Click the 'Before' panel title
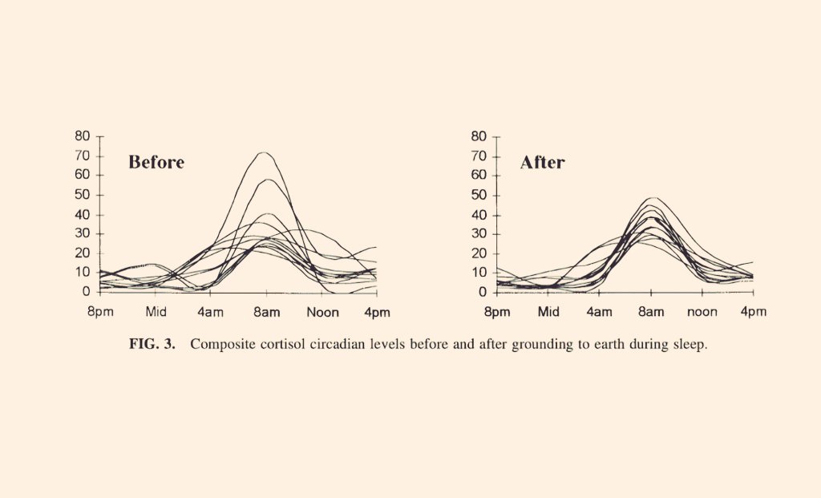(x=156, y=163)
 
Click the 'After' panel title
(x=542, y=163)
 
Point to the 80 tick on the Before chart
(x=83, y=136)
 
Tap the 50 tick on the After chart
(x=478, y=195)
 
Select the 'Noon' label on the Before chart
(x=322, y=311)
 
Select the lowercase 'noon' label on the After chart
(x=702, y=311)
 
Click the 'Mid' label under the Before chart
(x=155, y=311)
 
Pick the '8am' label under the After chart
(x=650, y=311)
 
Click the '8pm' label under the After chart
(x=496, y=311)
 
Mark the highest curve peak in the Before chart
(x=263, y=152)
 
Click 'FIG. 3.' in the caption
(x=152, y=345)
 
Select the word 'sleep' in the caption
(x=690, y=345)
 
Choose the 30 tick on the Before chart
(x=83, y=234)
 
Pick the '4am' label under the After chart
(x=599, y=311)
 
